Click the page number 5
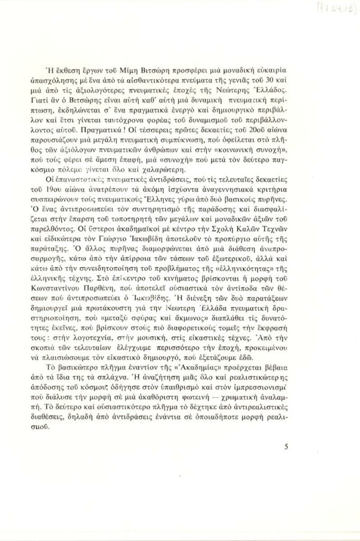[286, 446]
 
